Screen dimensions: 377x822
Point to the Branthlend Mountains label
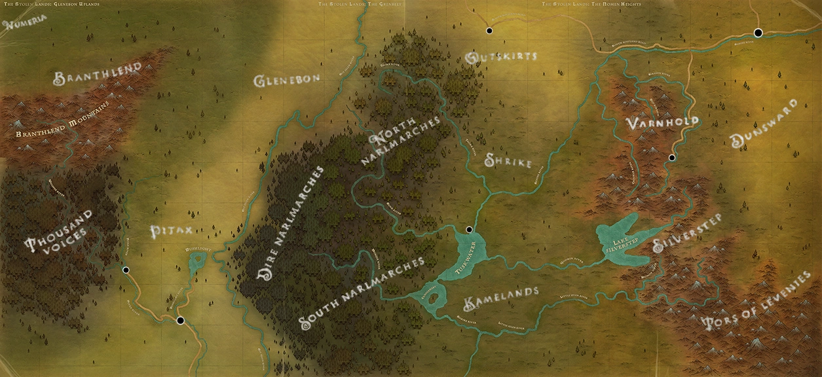tap(62, 123)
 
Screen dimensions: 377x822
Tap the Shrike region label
tap(508, 162)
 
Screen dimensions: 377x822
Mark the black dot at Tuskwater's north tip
tap(468, 230)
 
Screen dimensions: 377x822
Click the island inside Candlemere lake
tap(430, 293)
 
